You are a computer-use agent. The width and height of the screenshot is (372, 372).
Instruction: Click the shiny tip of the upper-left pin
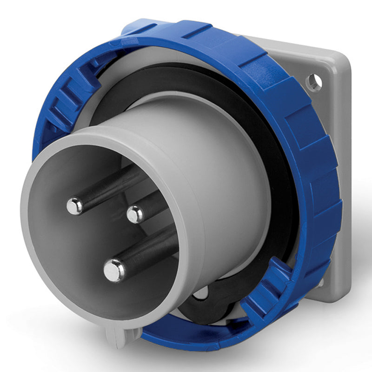point(74,206)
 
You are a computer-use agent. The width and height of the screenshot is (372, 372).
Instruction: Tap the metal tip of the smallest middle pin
point(135,214)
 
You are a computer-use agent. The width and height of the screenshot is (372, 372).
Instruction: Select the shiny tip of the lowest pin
point(114,270)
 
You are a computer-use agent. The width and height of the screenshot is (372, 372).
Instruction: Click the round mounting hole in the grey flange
point(314,82)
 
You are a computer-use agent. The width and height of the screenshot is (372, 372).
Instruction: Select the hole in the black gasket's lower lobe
point(201,294)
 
